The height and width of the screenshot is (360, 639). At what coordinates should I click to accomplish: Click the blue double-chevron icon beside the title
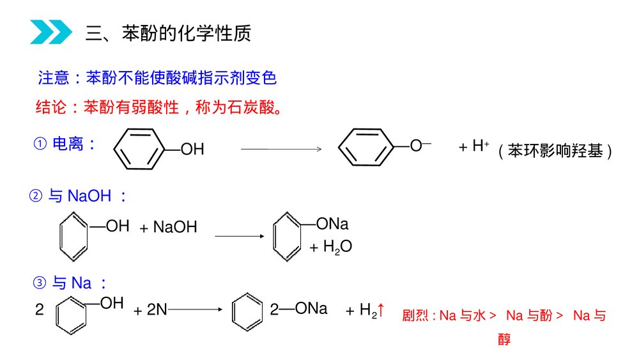(51, 32)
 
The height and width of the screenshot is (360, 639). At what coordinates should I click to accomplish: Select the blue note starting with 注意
(157, 78)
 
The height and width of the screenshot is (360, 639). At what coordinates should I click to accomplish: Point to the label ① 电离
(65, 144)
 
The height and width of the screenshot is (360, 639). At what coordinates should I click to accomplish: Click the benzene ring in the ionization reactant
(140, 149)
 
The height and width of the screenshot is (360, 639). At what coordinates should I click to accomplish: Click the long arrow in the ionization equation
(281, 149)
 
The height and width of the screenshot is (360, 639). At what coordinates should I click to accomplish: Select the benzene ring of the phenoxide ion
(366, 148)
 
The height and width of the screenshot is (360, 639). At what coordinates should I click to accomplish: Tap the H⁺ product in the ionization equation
(473, 146)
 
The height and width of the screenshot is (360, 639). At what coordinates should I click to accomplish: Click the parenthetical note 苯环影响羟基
(556, 151)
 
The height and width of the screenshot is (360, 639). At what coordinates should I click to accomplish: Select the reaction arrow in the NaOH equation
(239, 237)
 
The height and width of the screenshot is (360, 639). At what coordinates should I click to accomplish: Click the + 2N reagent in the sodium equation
(151, 310)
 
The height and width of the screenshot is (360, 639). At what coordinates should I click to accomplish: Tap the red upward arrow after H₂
(381, 310)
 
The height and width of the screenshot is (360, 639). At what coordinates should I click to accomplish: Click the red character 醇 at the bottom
(504, 340)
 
